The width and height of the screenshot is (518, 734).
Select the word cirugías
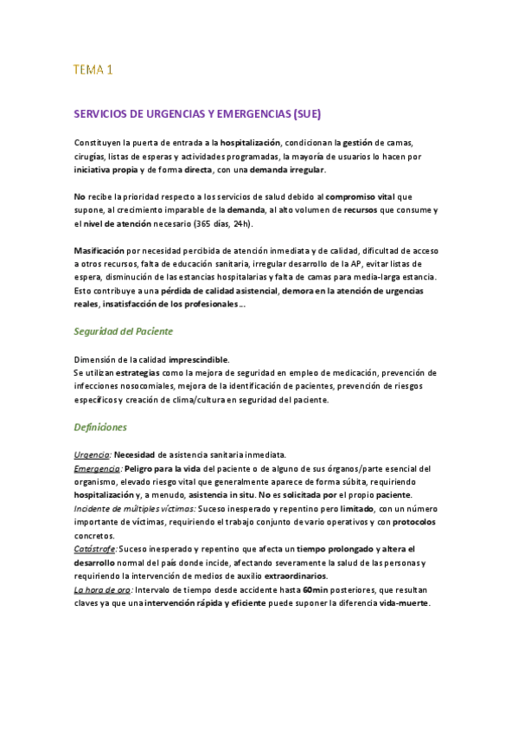point(93,157)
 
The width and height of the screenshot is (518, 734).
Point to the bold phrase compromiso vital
point(361,196)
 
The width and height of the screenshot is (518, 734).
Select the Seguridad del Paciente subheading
point(124,331)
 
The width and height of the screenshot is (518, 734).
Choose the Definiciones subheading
point(100,427)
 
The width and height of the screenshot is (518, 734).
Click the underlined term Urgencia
point(92,455)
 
